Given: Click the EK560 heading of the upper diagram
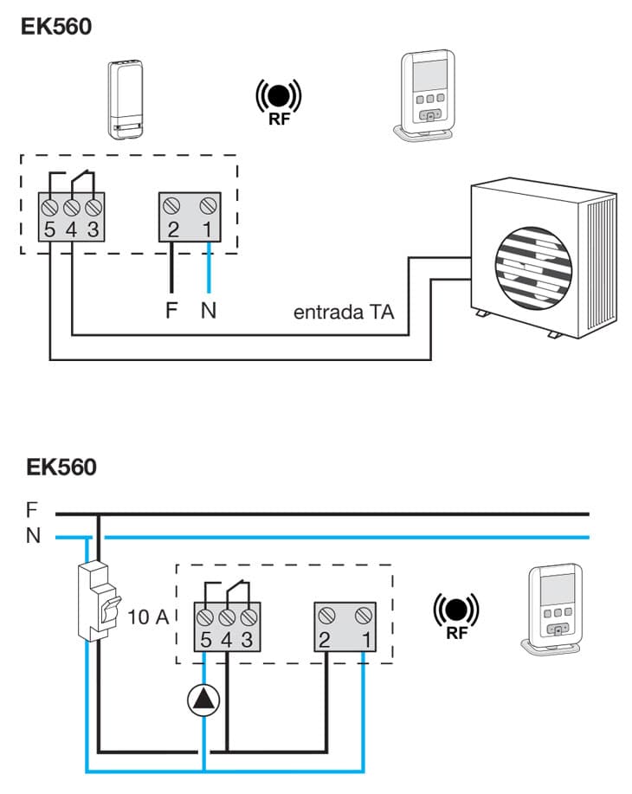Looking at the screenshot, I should [56, 25].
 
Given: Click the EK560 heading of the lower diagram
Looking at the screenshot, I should [61, 468].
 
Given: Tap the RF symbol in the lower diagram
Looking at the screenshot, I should [455, 616].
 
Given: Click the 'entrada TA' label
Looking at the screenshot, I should [344, 312].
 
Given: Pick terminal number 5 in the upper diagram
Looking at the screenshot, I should [51, 231].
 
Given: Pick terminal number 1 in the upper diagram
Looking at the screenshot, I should [208, 230].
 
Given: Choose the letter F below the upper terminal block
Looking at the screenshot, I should [171, 310].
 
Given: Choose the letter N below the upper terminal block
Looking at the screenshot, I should [208, 310].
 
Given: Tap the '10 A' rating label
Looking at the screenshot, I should [149, 618].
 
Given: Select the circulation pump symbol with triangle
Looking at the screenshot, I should [203, 700].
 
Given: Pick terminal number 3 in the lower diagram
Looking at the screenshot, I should [249, 641].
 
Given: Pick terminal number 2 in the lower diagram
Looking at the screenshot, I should [326, 641].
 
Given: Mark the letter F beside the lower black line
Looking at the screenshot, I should [33, 509].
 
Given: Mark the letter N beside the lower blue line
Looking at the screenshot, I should [33, 537].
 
